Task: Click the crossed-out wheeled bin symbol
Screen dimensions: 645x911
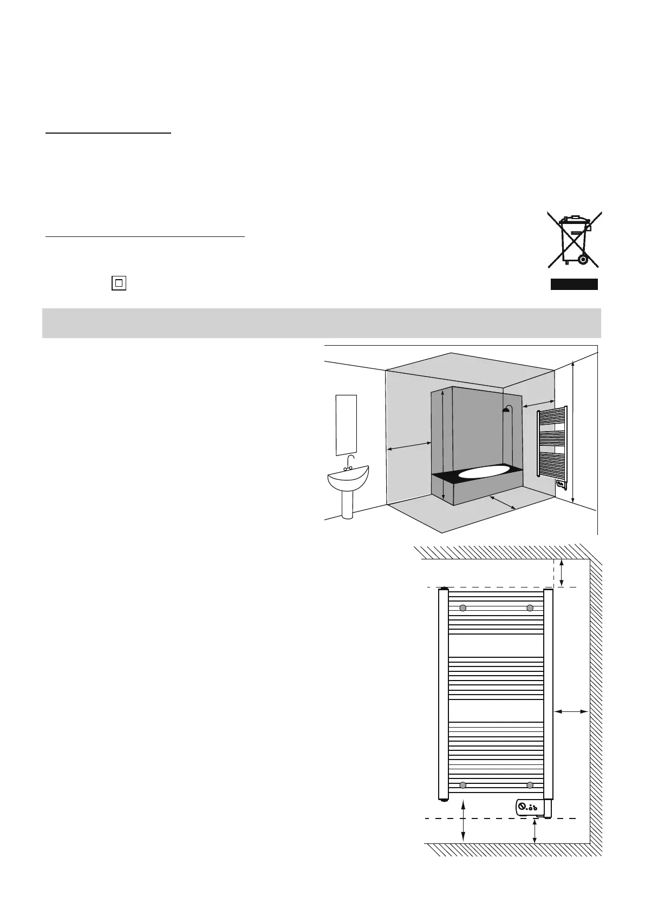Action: (574, 240)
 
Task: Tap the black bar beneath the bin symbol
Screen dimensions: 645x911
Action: (574, 285)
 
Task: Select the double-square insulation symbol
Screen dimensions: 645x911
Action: (119, 283)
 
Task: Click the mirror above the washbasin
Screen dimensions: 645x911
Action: (346, 425)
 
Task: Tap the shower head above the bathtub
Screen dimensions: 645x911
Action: (506, 410)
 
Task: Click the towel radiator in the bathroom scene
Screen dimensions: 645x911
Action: (552, 444)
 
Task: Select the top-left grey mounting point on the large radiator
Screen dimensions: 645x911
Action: (462, 608)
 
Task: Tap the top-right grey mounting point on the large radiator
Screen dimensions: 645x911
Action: (530, 608)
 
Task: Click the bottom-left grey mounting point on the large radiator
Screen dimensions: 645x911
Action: (462, 785)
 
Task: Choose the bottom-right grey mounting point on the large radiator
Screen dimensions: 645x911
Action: (530, 785)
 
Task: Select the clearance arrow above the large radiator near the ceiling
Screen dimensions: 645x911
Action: (563, 573)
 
